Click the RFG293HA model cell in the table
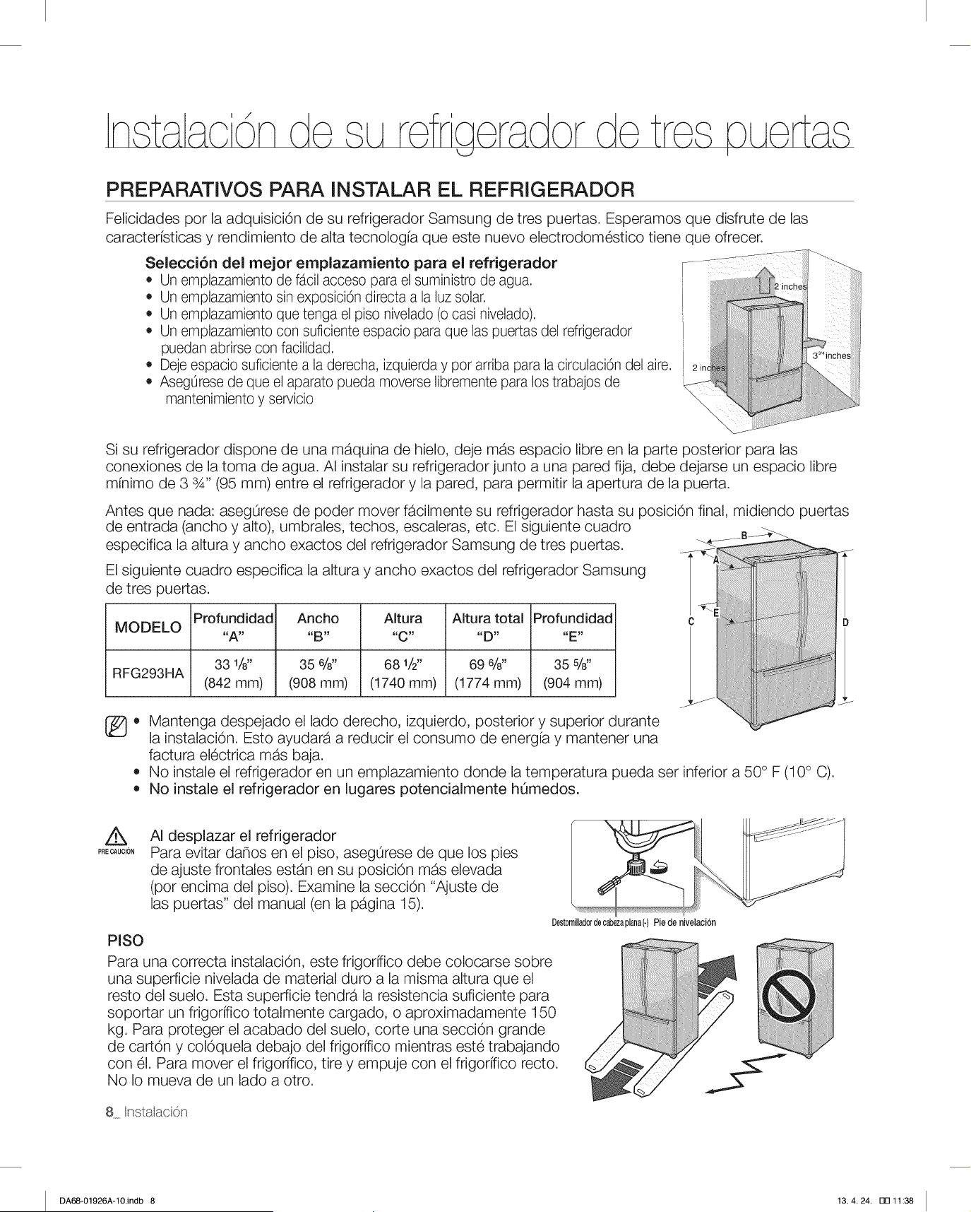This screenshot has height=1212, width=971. [x=148, y=673]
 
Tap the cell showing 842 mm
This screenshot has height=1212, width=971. [x=233, y=673]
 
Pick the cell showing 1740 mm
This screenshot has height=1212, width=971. [x=403, y=673]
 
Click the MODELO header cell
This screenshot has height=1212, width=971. [x=148, y=628]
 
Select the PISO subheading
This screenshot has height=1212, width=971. [x=125, y=940]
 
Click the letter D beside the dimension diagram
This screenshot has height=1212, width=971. [x=845, y=623]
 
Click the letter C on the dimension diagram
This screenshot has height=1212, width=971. [x=691, y=623]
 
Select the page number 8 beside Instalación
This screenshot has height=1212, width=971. [x=109, y=1112]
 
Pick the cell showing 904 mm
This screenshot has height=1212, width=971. [x=573, y=673]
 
